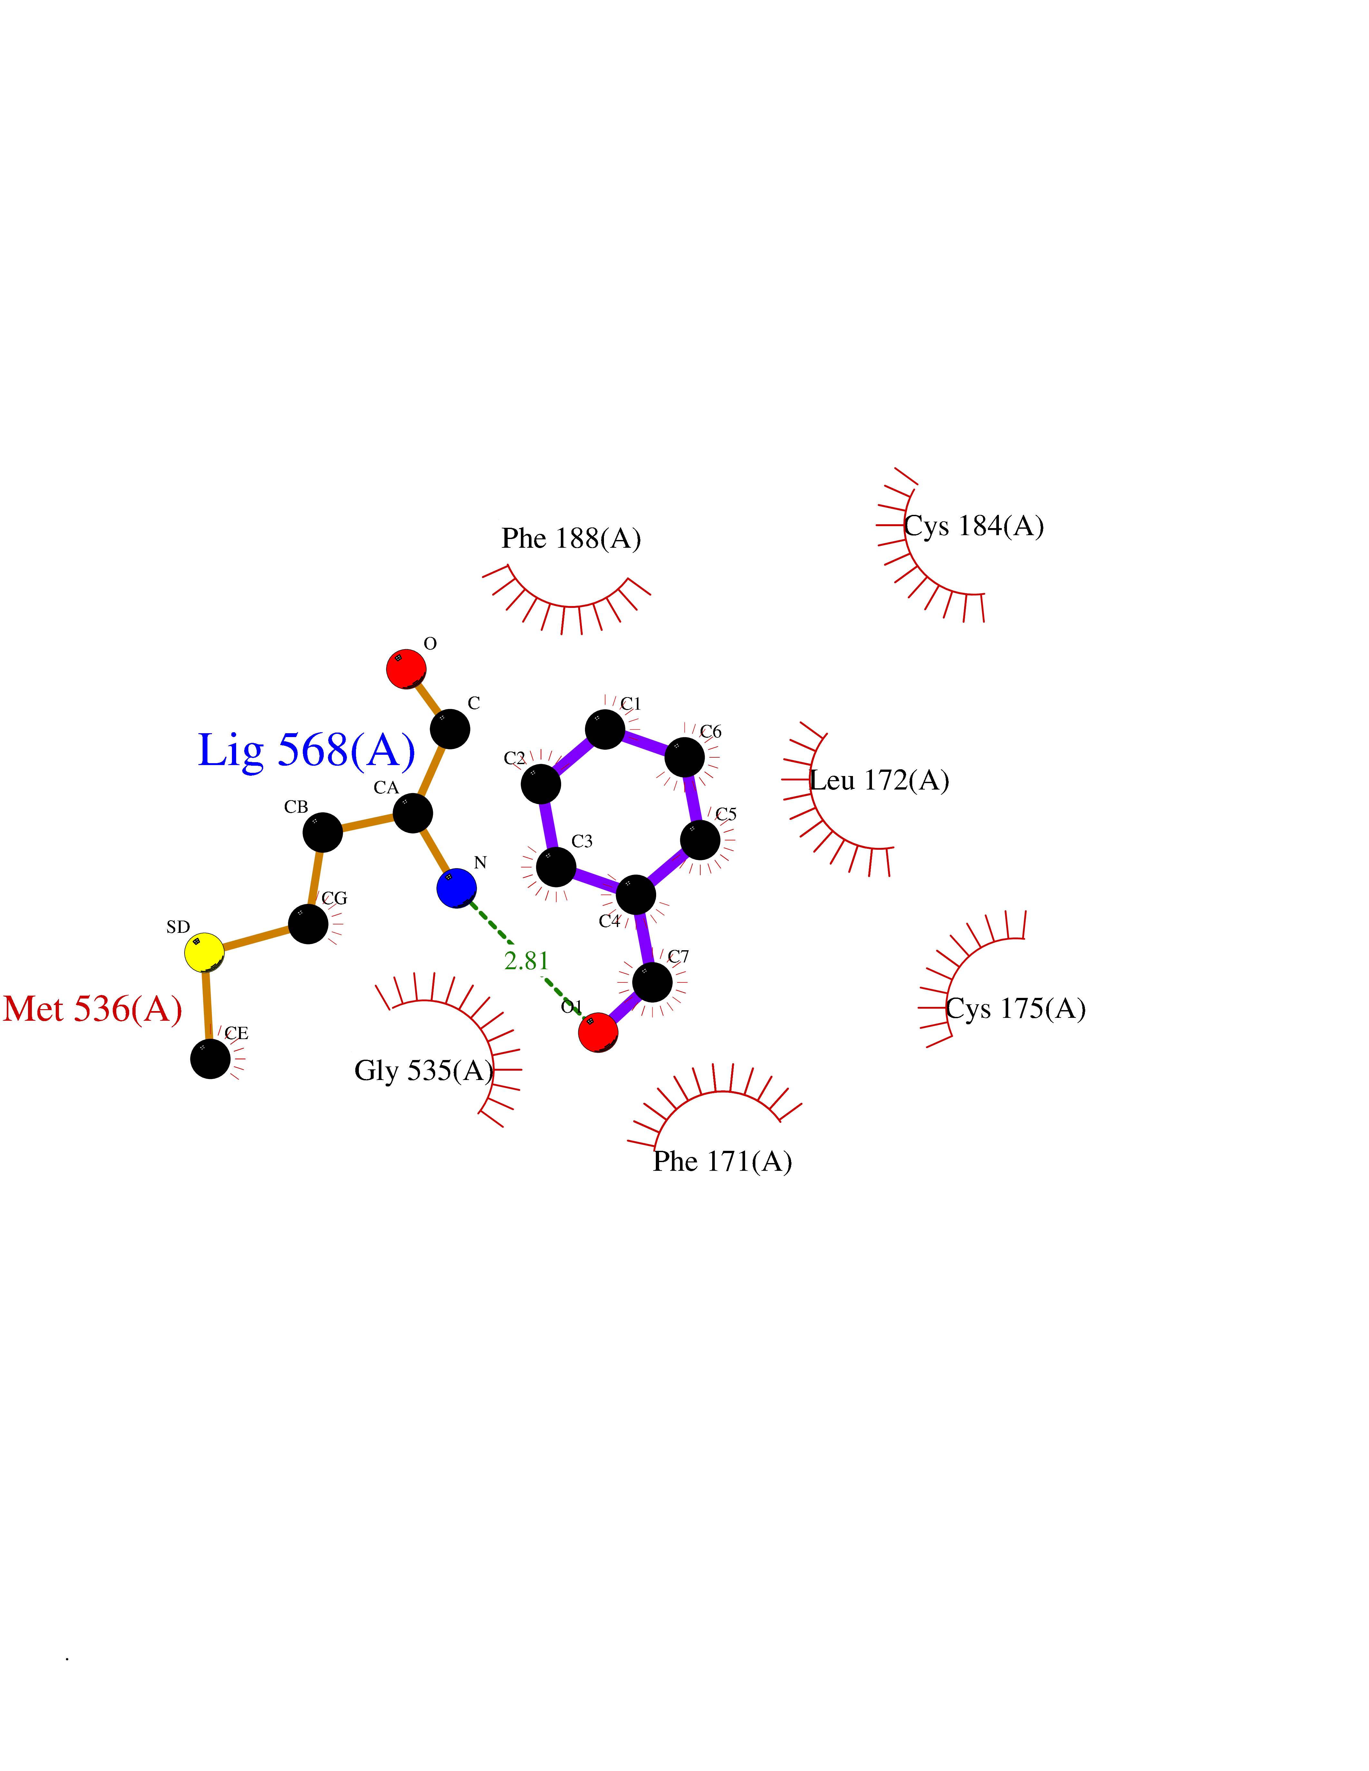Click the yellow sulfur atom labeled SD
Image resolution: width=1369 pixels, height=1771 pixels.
point(204,952)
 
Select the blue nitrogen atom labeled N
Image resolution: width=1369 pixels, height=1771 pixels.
point(457,888)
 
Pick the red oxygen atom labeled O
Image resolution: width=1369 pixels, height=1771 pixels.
point(406,669)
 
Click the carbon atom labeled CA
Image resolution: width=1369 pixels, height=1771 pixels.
point(413,812)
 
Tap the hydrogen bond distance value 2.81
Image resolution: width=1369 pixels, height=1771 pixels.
point(526,961)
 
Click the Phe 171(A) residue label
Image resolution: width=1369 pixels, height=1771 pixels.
point(723,1161)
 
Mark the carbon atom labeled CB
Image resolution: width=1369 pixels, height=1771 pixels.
point(323,832)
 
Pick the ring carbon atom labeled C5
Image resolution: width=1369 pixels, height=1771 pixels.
point(700,840)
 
